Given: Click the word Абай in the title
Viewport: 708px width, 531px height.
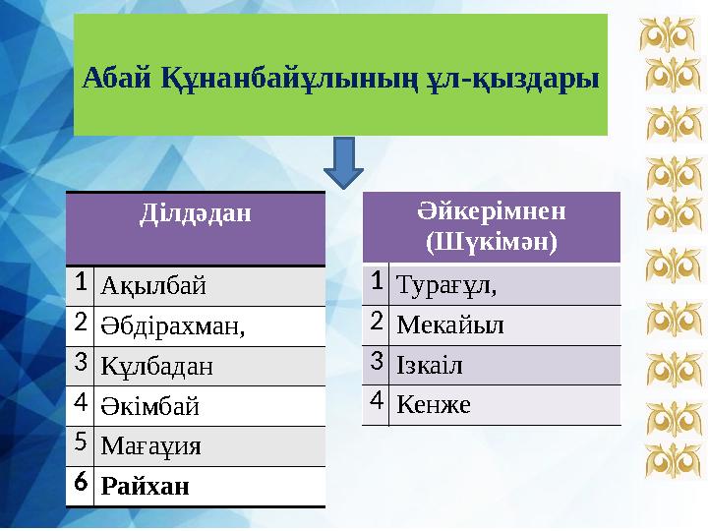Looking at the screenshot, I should (x=116, y=76).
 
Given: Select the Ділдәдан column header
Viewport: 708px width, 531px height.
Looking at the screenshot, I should (x=195, y=211).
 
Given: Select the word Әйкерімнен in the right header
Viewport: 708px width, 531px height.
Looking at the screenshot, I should (x=491, y=210).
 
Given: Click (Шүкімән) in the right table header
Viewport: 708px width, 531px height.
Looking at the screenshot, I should (x=491, y=239).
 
